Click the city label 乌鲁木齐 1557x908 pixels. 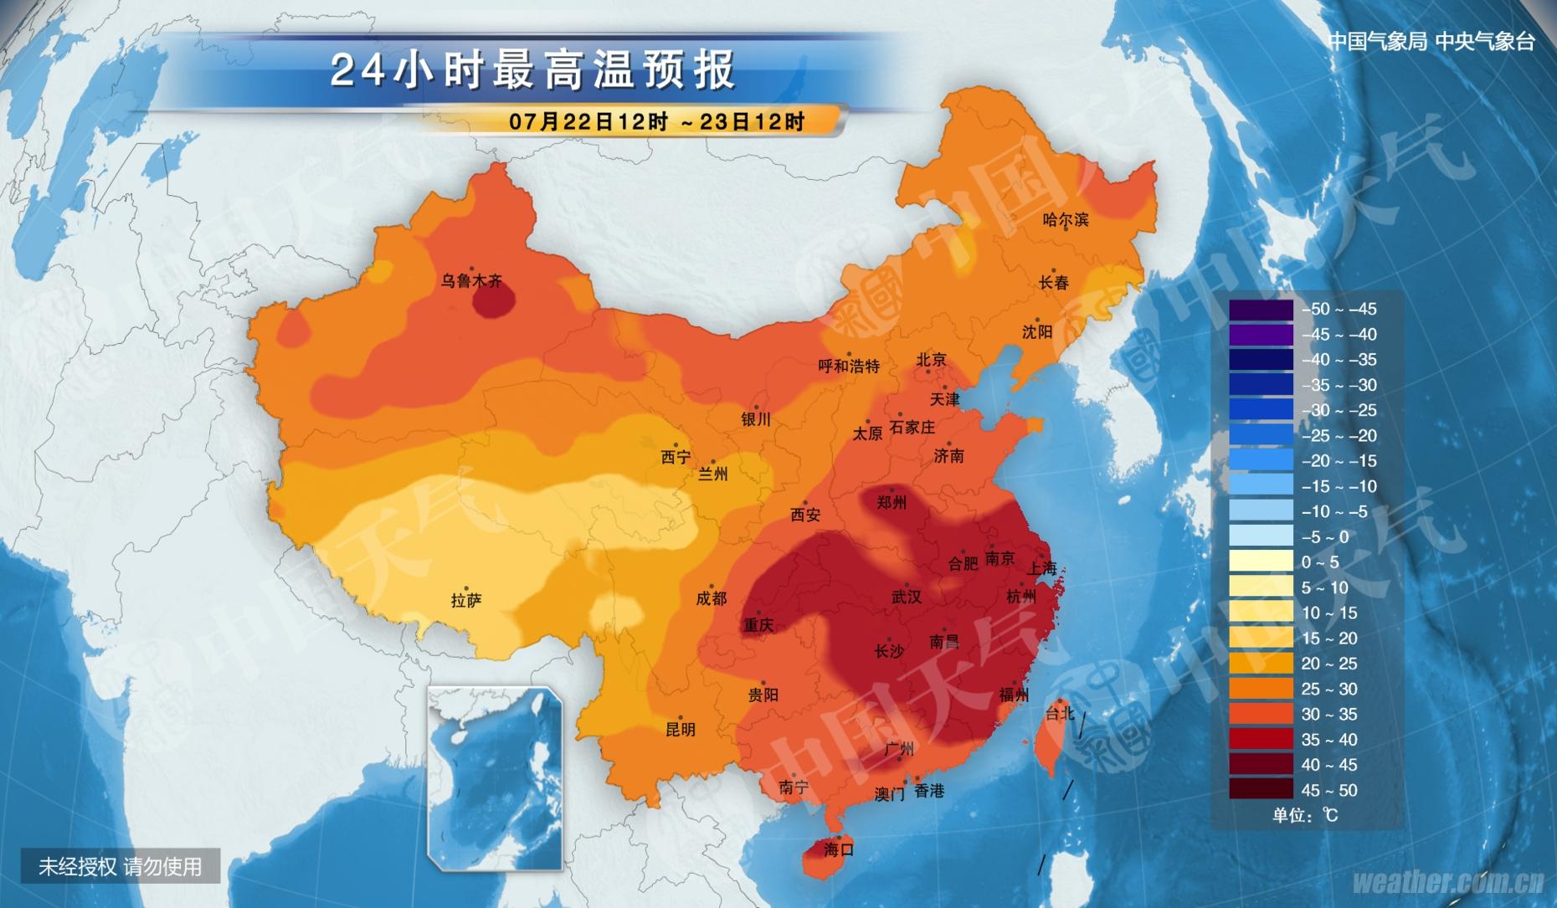click(x=471, y=281)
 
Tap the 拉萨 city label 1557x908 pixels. click(x=466, y=601)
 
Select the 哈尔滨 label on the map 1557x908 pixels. click(x=1066, y=220)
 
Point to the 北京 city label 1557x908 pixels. click(x=931, y=360)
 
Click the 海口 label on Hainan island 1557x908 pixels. click(x=838, y=849)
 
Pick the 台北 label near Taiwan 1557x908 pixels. click(x=1059, y=714)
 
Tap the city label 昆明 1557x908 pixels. click(x=680, y=730)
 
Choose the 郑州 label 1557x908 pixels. click(x=892, y=503)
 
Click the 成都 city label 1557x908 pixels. click(x=712, y=598)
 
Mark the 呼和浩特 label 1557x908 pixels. click(x=849, y=366)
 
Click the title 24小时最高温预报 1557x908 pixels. click(x=533, y=69)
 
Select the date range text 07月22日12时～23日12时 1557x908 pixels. click(x=656, y=122)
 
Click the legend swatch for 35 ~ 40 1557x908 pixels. click(x=1261, y=739)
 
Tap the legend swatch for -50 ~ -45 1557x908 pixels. click(x=1261, y=310)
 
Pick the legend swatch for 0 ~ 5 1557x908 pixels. click(x=1261, y=562)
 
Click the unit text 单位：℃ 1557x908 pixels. click(x=1305, y=815)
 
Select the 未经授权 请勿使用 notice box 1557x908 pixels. click(x=121, y=866)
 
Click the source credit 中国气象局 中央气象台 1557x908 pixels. click(x=1431, y=42)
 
